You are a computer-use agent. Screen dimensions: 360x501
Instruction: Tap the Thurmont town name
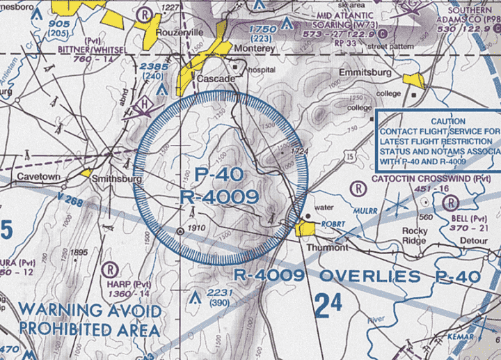pyautogui.click(x=326, y=247)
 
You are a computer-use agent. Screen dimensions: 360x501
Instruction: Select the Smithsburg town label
pyautogui.click(x=117, y=179)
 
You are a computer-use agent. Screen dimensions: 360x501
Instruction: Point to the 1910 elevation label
pyautogui.click(x=199, y=229)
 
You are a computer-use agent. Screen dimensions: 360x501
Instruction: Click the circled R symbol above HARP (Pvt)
pyautogui.click(x=111, y=268)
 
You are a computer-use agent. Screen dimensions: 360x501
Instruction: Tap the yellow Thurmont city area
pyautogui.click(x=305, y=229)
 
